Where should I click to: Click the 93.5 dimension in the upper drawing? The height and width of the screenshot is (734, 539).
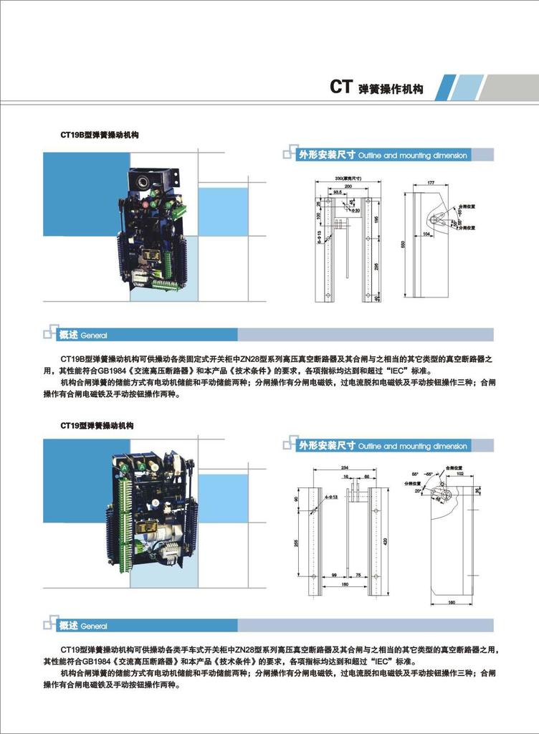(x=338, y=193)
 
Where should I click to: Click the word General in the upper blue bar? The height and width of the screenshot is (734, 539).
(x=94, y=335)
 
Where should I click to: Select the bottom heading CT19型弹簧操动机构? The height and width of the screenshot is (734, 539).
(x=97, y=425)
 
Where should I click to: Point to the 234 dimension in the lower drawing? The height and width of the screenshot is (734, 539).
(x=345, y=467)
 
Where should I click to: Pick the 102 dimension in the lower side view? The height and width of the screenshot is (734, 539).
(x=459, y=474)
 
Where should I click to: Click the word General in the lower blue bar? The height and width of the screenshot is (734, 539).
(x=94, y=626)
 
